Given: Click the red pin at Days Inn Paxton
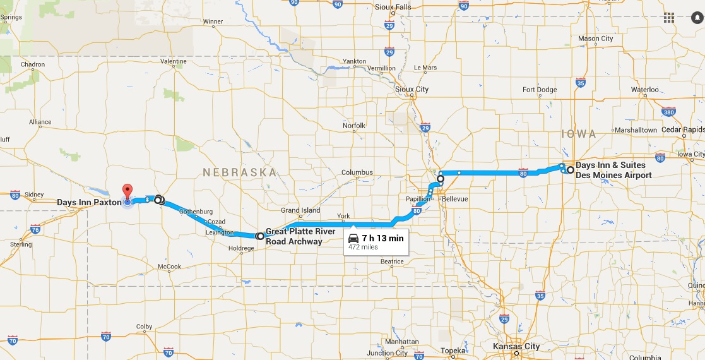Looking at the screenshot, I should pos(127,191).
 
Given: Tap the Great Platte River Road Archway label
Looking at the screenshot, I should pos(294,236).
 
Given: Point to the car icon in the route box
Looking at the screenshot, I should pos(354,239).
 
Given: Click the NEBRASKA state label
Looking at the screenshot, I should pos(239,172).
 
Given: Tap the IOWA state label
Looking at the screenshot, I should pos(578,134).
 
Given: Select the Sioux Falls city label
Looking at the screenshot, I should pos(393,7).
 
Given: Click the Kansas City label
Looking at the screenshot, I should pos(516,346).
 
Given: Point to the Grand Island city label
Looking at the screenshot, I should pos(300,210).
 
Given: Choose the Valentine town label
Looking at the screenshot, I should pos(174,61).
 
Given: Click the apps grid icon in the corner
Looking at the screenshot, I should pos(669,17).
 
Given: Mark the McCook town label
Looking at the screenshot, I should pos(169,267).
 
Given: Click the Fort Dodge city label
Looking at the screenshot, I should pos(540,90).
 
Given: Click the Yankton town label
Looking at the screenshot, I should pos(355,61).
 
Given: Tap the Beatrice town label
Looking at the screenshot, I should pos(392,261).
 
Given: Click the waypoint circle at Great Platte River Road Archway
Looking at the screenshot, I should pos(260,236).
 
